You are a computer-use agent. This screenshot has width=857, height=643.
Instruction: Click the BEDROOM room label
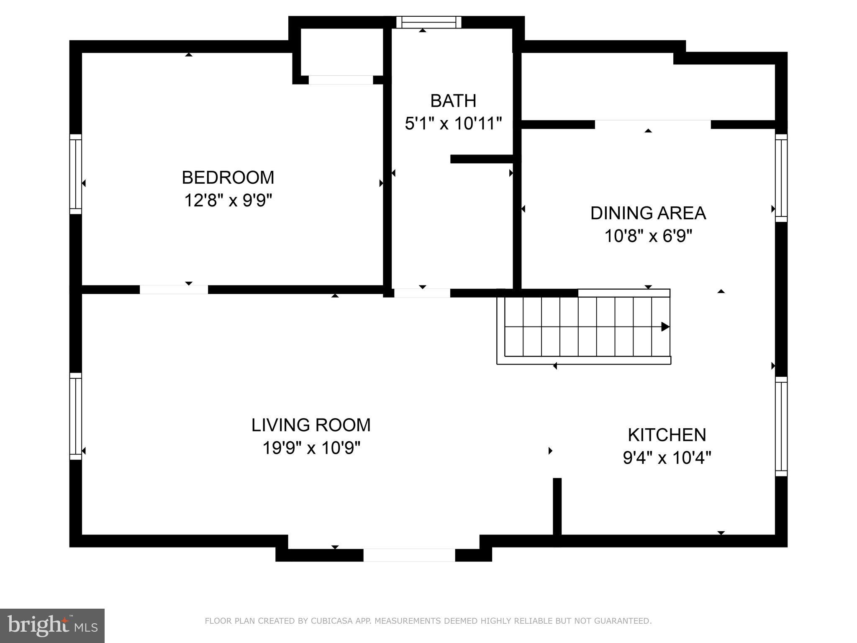[x=228, y=177]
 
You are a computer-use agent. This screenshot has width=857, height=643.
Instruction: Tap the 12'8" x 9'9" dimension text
[x=228, y=201]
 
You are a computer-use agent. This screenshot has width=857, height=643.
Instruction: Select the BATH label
[x=453, y=101]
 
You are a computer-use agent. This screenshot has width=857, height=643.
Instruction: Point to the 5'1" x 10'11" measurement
[x=453, y=124]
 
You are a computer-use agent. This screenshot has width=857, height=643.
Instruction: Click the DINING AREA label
[x=648, y=213]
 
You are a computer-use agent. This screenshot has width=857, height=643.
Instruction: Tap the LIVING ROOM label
[x=311, y=425]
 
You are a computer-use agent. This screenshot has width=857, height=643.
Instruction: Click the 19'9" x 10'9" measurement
[x=311, y=448]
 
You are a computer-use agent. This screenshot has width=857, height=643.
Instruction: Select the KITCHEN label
[x=667, y=435]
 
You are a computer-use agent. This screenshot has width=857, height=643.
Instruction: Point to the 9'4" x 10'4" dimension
[x=667, y=458]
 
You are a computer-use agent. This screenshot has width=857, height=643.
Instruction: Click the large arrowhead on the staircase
[x=665, y=327]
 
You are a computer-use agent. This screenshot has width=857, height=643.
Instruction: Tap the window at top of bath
[x=428, y=22]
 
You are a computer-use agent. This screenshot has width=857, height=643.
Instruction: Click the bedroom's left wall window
[x=75, y=174]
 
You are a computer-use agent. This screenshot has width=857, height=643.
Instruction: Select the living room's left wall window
[x=75, y=416]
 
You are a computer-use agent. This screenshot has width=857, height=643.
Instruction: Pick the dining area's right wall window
[x=781, y=178]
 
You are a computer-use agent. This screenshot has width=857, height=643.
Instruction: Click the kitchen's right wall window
[x=781, y=426]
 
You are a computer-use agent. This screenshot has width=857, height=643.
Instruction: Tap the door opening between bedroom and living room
[x=174, y=290]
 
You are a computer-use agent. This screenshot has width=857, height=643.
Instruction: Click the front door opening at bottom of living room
[x=409, y=555]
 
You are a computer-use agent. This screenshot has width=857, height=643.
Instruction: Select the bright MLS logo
[x=52, y=626]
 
